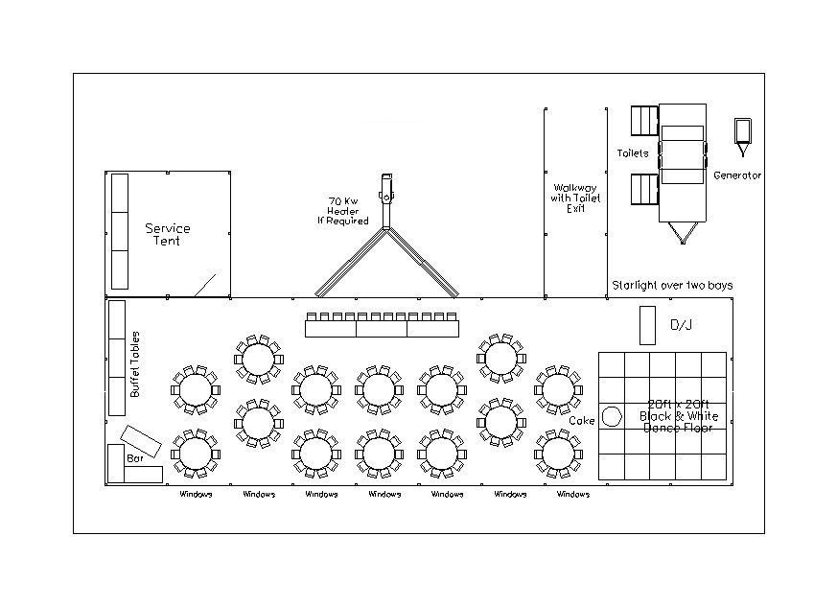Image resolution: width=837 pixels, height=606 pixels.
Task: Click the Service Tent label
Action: (x=168, y=234)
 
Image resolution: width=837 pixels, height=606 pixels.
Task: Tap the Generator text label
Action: (x=737, y=175)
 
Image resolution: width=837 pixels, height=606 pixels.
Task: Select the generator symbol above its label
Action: (x=742, y=132)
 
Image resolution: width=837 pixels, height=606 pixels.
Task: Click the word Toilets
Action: (x=633, y=152)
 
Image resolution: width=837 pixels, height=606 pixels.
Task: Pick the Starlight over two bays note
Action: (x=672, y=286)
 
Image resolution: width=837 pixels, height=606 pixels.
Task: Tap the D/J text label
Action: (x=681, y=326)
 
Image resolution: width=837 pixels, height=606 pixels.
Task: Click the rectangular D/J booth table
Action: (x=647, y=325)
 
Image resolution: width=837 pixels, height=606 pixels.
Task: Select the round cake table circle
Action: (x=613, y=419)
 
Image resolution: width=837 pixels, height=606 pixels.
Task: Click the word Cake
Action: (x=581, y=421)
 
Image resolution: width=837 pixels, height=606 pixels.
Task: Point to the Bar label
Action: (x=134, y=458)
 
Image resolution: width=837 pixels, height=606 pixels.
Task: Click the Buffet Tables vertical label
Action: (x=135, y=364)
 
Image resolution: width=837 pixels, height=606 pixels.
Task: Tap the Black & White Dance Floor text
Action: (x=678, y=416)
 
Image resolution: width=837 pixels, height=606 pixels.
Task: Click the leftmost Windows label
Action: (x=196, y=495)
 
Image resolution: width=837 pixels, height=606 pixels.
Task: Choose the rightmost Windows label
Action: (x=573, y=495)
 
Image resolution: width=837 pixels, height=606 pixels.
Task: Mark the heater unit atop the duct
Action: (x=386, y=189)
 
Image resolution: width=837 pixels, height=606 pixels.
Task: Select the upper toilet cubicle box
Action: (x=644, y=122)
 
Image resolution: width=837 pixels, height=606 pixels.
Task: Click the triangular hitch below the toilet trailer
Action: (x=683, y=233)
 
